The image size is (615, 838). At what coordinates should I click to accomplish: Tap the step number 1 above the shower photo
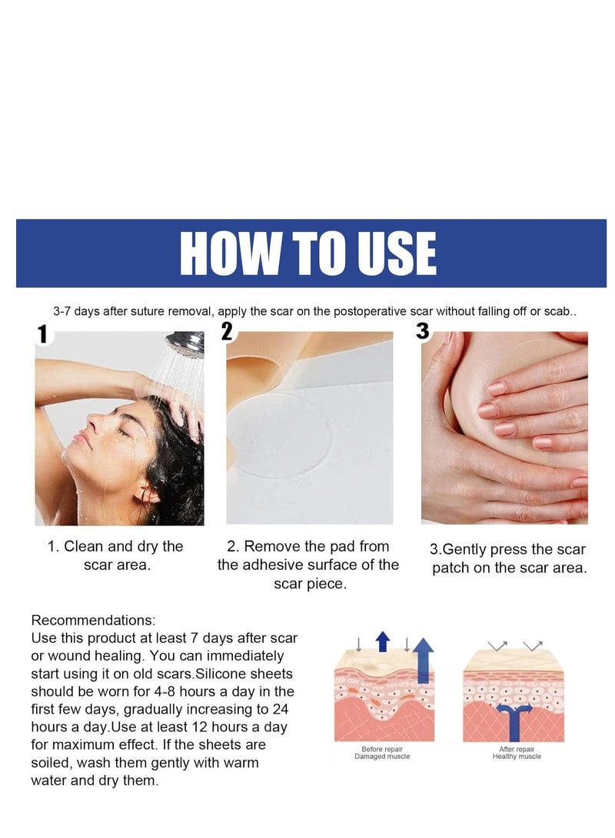pos(42,334)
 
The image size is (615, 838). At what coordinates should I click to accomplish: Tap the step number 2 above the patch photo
pos(227,332)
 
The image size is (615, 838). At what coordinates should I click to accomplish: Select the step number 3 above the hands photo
pos(423,332)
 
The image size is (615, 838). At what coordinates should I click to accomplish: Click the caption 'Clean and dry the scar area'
pos(115,555)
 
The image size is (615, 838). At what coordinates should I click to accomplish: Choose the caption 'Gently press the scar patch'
pos(507,558)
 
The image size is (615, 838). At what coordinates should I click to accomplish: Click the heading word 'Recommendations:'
pos(93,620)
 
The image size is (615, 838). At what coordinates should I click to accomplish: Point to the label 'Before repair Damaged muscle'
pos(382,752)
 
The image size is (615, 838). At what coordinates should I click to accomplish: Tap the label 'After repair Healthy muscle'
pos(516,752)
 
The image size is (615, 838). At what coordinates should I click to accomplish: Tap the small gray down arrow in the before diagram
pos(359,644)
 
